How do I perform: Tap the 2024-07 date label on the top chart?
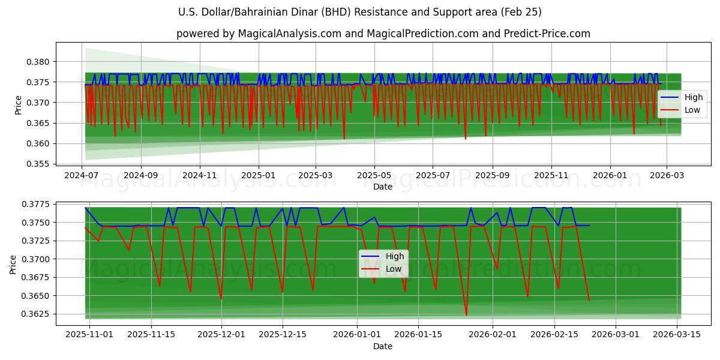(x=82, y=175)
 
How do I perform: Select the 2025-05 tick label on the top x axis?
(x=374, y=175)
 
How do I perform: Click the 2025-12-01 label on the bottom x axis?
(x=221, y=335)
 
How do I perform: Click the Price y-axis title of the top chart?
(x=18, y=104)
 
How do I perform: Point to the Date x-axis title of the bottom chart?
(x=383, y=346)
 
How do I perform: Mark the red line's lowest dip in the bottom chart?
(x=466, y=315)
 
